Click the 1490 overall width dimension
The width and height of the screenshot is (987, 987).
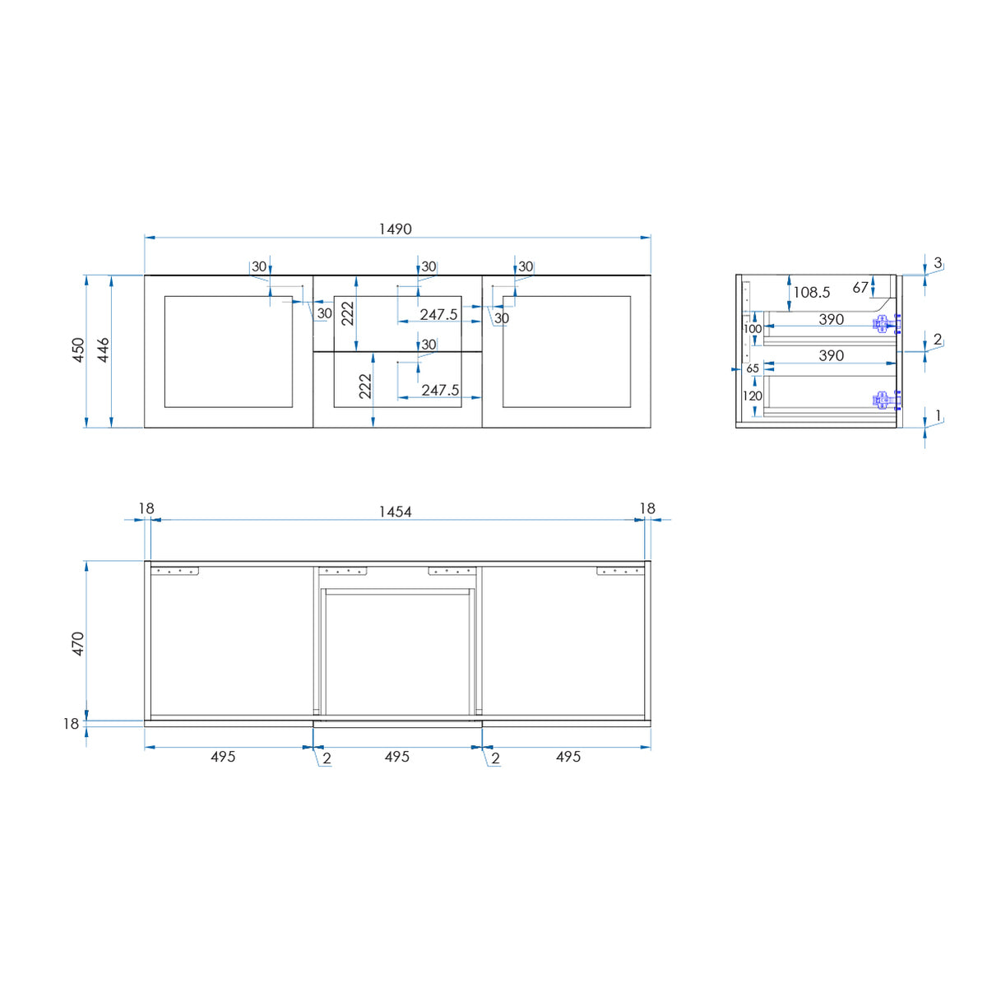click(x=395, y=229)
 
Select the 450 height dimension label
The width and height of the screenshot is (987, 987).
click(x=78, y=350)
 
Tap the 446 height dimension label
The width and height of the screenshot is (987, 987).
click(x=103, y=350)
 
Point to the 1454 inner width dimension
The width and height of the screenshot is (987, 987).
click(x=395, y=512)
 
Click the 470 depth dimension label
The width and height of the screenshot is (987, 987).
click(x=78, y=644)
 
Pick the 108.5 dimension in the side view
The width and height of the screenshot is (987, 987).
click(x=811, y=293)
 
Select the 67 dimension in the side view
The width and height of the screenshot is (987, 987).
click(x=860, y=288)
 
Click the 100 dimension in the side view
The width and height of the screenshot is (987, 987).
click(x=753, y=329)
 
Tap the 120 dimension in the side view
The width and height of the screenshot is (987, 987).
click(x=753, y=396)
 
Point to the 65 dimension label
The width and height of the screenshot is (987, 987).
click(x=753, y=368)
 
